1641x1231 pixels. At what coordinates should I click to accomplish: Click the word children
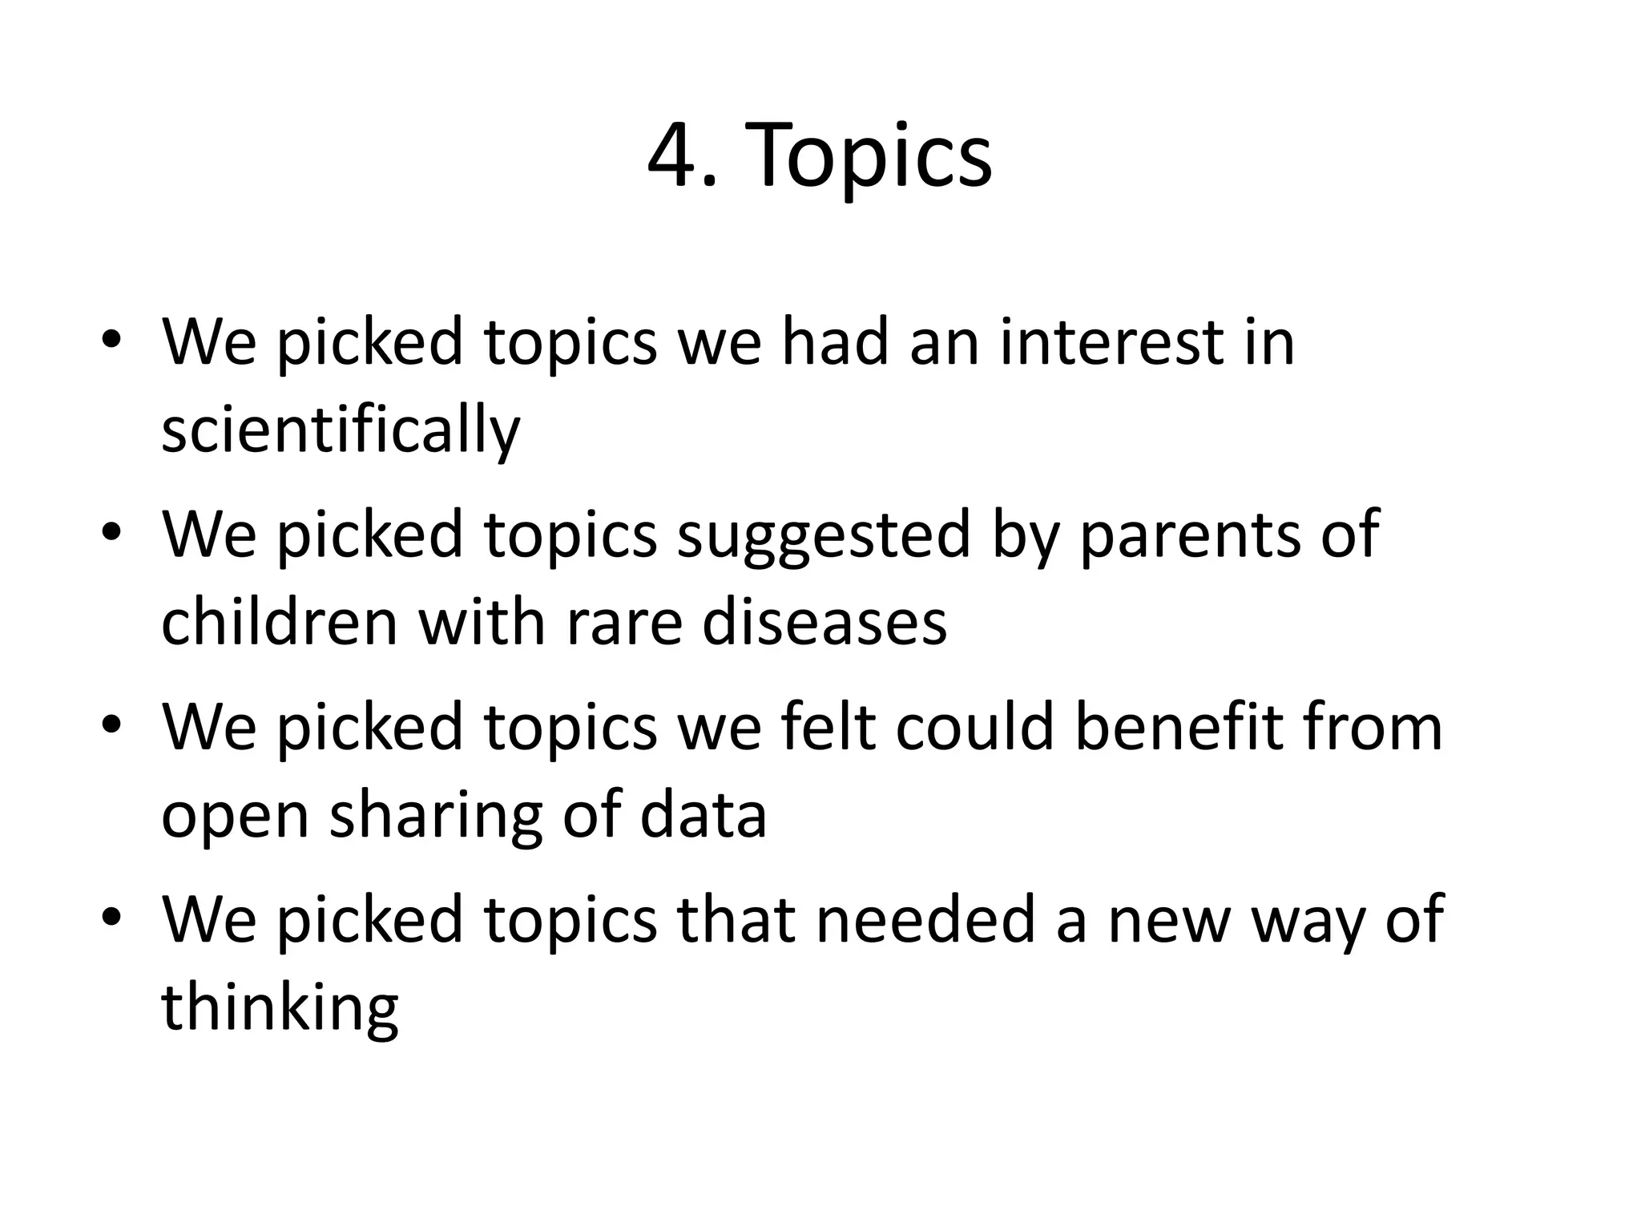tap(280, 623)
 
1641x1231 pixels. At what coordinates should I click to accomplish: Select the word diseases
tap(825, 623)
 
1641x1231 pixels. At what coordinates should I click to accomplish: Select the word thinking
tap(280, 1008)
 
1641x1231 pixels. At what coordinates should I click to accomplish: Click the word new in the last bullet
tap(1169, 919)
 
